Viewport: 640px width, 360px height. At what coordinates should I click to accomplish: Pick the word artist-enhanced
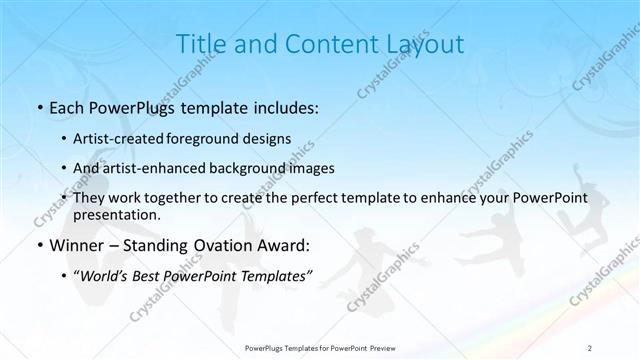pos(149,168)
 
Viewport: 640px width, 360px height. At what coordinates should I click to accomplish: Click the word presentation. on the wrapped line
pos(117,214)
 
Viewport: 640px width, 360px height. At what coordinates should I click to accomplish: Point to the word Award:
pos(286,245)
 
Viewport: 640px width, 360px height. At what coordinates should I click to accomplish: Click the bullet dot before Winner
pos(38,246)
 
